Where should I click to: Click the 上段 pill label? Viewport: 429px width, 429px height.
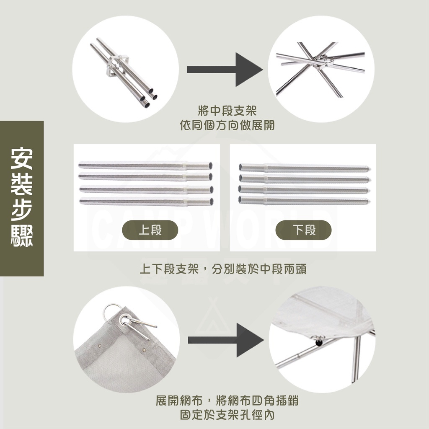point(150,230)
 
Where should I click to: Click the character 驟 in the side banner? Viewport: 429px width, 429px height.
point(21,237)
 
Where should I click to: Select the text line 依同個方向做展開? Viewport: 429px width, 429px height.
point(227,125)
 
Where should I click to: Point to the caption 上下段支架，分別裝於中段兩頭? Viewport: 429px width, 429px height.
point(223,269)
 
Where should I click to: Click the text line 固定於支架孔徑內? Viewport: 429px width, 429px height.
point(227,415)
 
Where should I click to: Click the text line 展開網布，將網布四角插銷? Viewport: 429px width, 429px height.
point(227,401)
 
